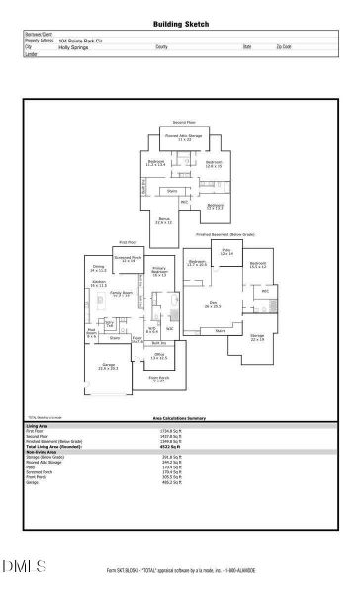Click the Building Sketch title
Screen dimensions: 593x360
181,24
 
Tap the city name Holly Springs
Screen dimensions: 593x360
73,46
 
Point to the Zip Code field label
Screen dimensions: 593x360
284,46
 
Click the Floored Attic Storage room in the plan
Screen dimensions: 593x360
184,137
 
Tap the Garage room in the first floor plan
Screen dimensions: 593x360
109,368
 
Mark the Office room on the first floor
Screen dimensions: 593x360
158,355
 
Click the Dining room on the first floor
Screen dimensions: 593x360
99,268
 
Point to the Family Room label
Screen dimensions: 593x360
122,294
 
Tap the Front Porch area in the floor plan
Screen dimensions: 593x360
159,380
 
